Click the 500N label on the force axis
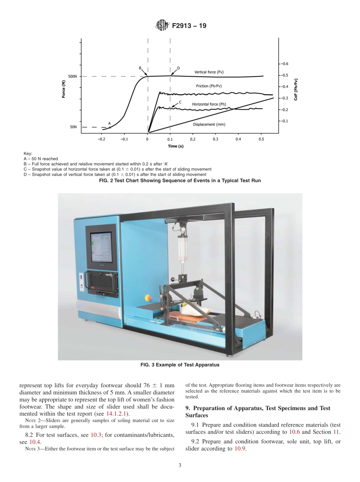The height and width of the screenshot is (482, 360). [x=72, y=77]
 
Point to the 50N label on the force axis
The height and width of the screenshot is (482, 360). [x=74, y=127]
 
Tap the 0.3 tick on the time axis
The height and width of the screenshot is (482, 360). [x=215, y=139]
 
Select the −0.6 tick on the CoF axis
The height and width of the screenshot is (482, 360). [x=284, y=64]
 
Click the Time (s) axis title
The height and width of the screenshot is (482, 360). [x=176, y=146]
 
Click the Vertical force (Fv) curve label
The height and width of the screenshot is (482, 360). [x=209, y=72]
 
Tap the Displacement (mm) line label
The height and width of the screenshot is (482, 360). [x=209, y=124]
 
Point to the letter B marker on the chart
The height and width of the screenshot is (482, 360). [x=140, y=68]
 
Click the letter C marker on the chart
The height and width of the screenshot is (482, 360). [x=180, y=102]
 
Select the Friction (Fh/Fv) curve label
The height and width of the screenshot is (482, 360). [x=209, y=86]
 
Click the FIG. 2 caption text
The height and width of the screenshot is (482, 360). [x=180, y=181]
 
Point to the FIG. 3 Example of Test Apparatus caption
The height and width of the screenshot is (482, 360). [x=180, y=365]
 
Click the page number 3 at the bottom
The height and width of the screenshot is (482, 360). [x=180, y=465]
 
